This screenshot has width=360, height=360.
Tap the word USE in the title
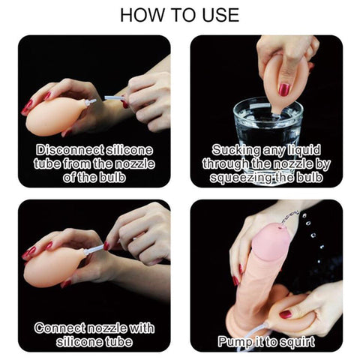[x=220, y=15]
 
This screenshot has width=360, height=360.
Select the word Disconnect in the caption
[x=70, y=150]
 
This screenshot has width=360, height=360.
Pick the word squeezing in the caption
[x=242, y=178]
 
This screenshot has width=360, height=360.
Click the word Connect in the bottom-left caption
[x=59, y=328]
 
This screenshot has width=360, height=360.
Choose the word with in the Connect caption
[x=142, y=328]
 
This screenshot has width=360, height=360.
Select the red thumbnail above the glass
[x=284, y=89]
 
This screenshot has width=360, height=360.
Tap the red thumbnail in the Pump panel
[x=285, y=314]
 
